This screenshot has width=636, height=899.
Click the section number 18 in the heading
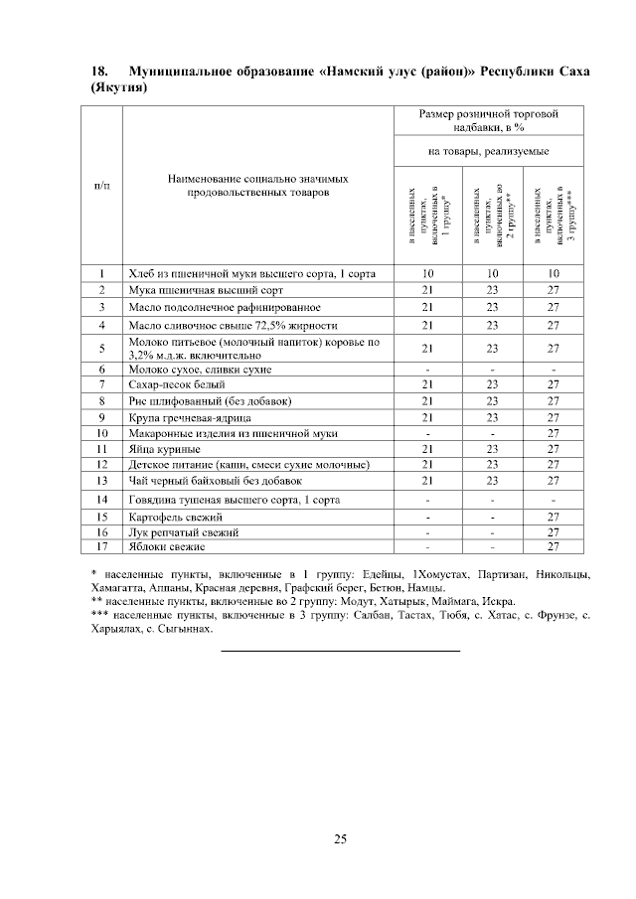(x=98, y=72)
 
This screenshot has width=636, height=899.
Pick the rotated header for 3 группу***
(x=551, y=216)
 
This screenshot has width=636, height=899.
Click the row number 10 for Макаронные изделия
(x=101, y=434)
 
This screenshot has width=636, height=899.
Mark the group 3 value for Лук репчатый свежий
(x=554, y=532)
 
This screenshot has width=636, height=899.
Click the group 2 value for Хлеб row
(x=490, y=273)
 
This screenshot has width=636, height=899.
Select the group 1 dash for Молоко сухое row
(x=427, y=369)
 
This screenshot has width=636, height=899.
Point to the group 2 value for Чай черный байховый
(x=490, y=481)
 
